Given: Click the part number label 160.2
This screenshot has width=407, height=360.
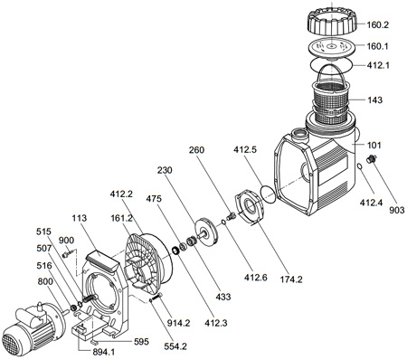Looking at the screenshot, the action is [377, 24].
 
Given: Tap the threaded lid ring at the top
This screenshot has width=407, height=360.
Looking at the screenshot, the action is [332, 22].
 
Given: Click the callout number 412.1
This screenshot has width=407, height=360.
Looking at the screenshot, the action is [377, 65].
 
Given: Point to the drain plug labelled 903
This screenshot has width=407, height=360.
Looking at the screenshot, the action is [372, 158].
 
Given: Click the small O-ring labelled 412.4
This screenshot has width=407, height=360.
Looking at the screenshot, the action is [360, 166].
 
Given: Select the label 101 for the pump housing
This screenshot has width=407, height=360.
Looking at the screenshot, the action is [374, 145].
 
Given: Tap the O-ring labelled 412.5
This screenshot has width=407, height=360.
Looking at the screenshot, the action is [268, 194].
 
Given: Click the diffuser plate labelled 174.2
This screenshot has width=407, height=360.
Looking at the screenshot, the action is [249, 206].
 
